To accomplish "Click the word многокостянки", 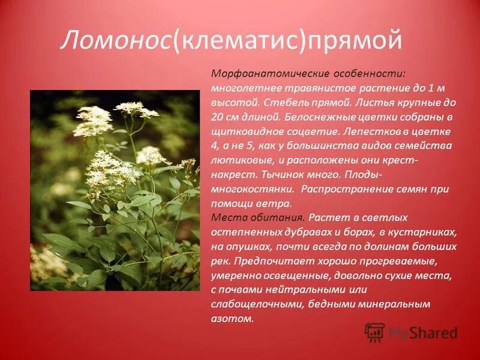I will point(253,188).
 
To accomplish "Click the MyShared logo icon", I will point(375,332).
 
